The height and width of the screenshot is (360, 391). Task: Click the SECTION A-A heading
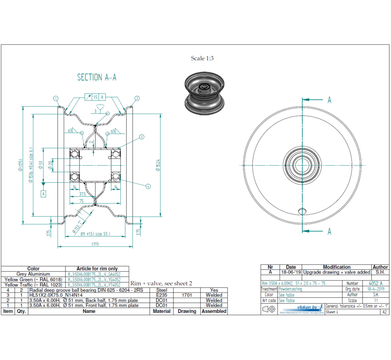pos(97,77)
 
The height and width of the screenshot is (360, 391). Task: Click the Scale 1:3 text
pos(202,58)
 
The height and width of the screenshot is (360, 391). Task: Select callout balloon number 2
pos(137,98)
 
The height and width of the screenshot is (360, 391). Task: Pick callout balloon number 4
pos(148,186)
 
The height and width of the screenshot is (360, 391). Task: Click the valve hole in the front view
pos(302,211)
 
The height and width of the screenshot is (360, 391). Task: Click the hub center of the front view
pos(302,165)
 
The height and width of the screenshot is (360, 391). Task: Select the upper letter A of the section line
pos(329,100)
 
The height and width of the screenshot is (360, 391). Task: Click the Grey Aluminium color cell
pos(33,274)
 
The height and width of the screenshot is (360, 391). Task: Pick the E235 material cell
pos(161,295)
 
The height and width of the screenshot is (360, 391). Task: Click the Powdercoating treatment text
pos(290,289)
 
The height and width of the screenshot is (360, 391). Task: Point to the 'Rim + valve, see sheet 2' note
pos(161,284)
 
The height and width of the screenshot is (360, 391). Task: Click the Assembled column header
pos(214,311)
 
